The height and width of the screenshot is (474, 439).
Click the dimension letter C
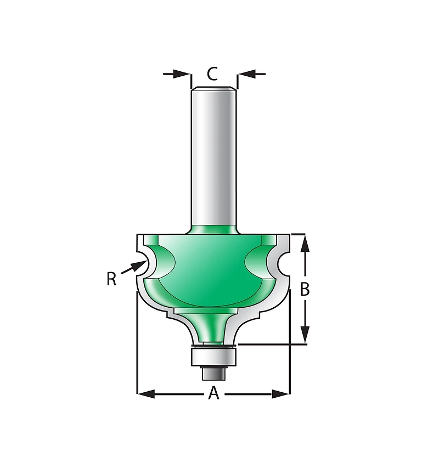tap(212, 74)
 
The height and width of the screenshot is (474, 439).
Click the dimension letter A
tap(214, 393)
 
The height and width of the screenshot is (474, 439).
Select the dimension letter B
tap(305, 289)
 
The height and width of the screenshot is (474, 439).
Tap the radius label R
tap(111, 279)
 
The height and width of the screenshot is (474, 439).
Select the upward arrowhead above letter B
tap(305, 244)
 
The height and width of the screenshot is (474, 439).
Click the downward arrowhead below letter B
tap(305, 335)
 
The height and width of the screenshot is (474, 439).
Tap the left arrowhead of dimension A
tap(146, 394)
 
